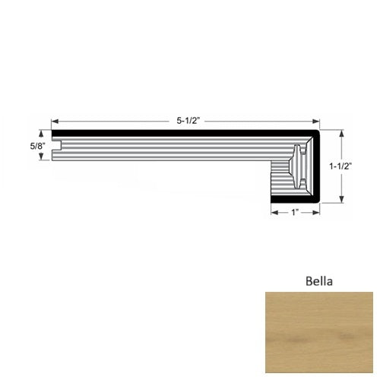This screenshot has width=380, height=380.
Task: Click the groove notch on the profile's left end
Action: pyautogui.click(x=55, y=150)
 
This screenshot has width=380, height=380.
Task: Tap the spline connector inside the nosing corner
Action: pyautogui.click(x=299, y=165)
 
